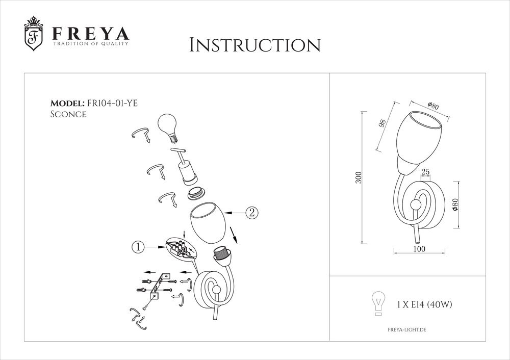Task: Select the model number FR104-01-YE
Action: click(x=112, y=103)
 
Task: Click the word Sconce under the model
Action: click(x=68, y=115)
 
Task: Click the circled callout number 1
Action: click(x=137, y=247)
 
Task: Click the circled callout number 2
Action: click(x=251, y=212)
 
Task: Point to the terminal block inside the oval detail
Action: click(x=180, y=247)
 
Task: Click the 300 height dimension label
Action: click(x=359, y=177)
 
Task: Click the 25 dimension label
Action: click(x=425, y=173)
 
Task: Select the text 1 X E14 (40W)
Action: click(x=424, y=305)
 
